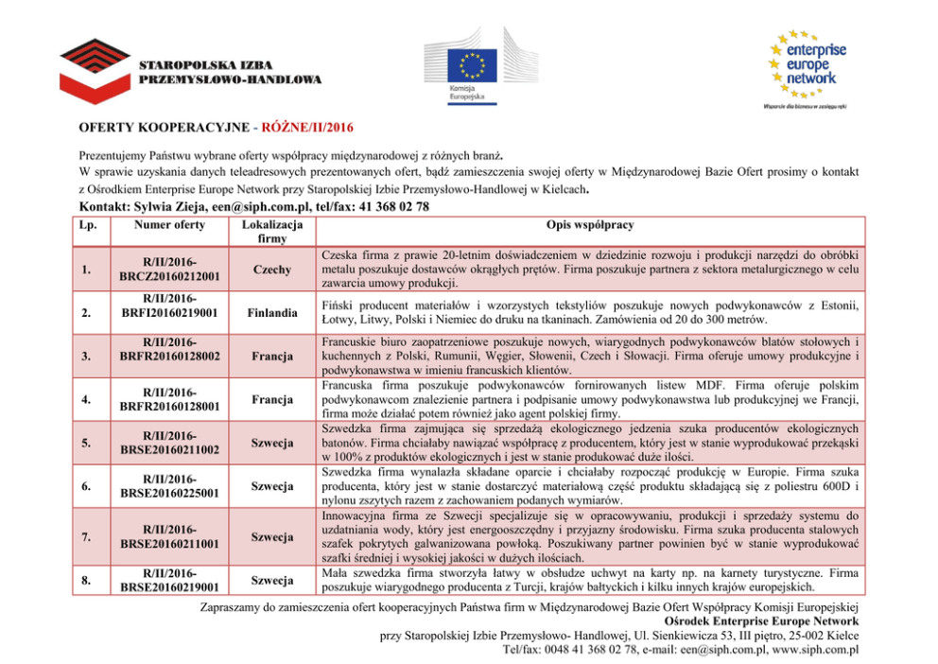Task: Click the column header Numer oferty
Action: pyautogui.click(x=169, y=225)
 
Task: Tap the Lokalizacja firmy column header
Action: pyautogui.click(x=271, y=233)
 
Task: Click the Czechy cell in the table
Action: pyautogui.click(x=271, y=270)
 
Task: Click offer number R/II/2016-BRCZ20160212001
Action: pyautogui.click(x=169, y=270)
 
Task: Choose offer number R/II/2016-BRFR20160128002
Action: pyautogui.click(x=169, y=349)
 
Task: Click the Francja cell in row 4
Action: pyautogui.click(x=271, y=399)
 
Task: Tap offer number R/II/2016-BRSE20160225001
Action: pyautogui.click(x=169, y=486)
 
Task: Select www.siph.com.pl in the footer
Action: pyautogui.click(x=814, y=650)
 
